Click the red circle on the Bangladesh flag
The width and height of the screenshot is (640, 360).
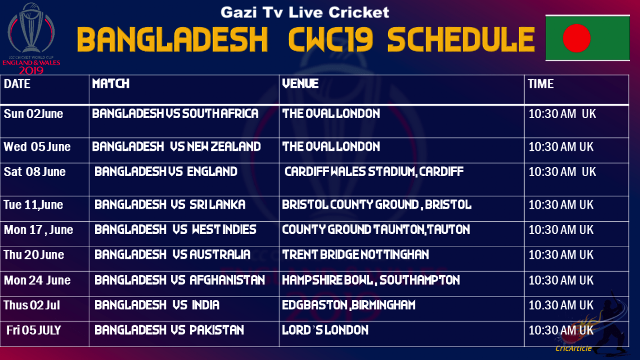click(576, 38)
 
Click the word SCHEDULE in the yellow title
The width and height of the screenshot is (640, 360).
click(461, 40)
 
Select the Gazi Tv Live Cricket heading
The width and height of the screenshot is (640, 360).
click(304, 12)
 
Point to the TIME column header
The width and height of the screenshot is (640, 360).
click(540, 84)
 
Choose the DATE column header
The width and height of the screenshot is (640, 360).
click(17, 84)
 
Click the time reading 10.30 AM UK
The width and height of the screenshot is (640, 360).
click(561, 305)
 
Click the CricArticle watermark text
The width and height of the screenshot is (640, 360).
click(574, 348)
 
